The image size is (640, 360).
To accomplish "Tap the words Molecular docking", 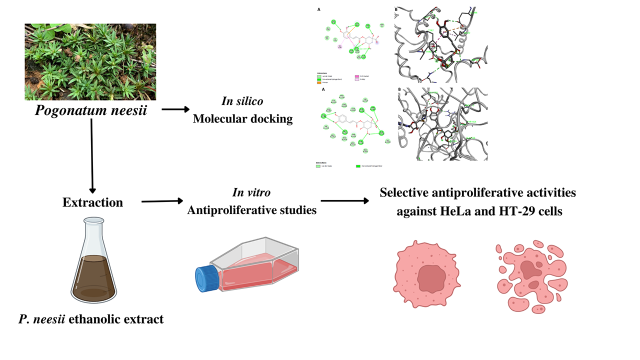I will pos(243,119).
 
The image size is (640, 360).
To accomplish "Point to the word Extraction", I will pos(92,202).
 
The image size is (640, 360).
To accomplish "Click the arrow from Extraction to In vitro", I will pos(162,201).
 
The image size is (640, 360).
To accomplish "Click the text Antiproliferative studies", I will pos(251,210).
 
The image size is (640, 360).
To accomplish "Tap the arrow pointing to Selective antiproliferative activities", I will pos(345,201).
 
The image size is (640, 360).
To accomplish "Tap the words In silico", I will pos(243,101).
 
